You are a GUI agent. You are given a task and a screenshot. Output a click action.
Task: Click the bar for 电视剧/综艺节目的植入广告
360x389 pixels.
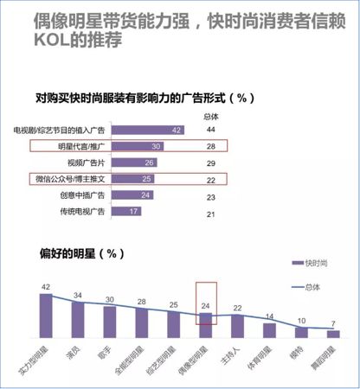tap(151, 130)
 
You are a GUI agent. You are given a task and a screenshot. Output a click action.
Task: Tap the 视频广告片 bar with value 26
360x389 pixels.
tap(136, 163)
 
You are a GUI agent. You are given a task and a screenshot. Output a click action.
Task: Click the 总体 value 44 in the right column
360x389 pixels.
tap(210, 130)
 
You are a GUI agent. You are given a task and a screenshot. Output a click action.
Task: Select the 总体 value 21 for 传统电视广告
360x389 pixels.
tap(210, 212)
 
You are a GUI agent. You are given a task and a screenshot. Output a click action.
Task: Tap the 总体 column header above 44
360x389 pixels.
tap(210, 116)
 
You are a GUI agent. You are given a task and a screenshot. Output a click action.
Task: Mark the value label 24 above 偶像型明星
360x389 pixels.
tap(206, 306)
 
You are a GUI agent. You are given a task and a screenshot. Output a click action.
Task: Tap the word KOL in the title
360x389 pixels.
tap(53, 40)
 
